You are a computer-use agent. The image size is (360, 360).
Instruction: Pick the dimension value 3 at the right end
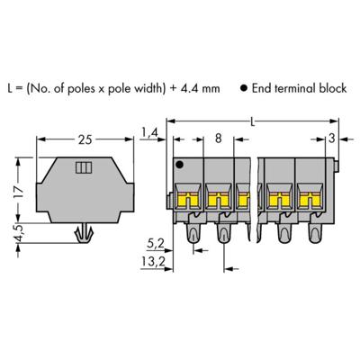[335, 138]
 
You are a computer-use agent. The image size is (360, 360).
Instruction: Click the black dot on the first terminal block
[181, 166]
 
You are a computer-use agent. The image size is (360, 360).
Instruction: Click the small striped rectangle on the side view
[84, 168]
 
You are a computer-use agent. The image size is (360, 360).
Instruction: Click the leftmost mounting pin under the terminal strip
[191, 235]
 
